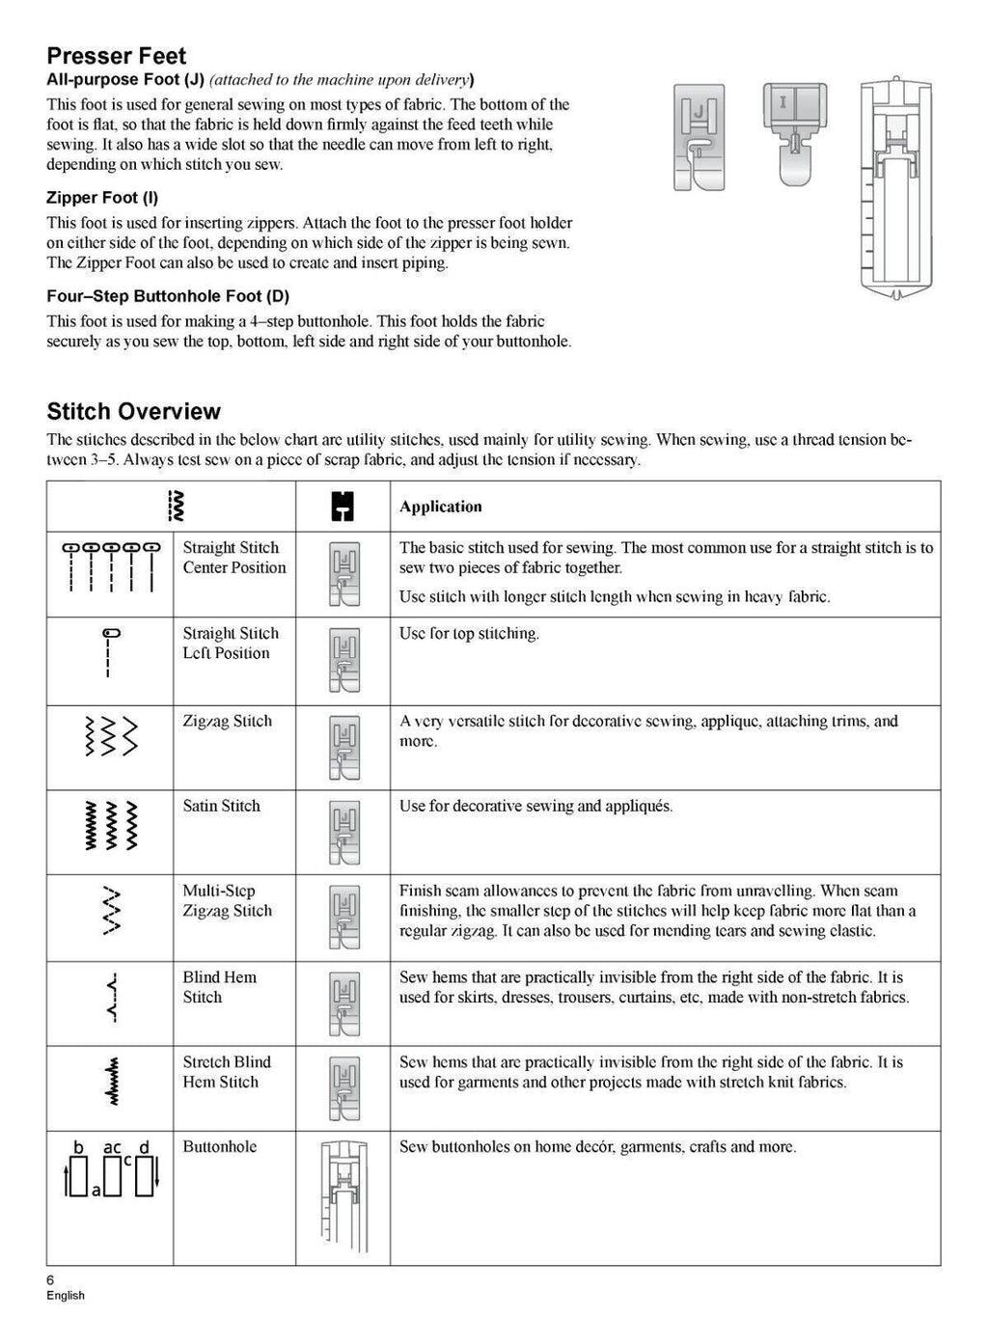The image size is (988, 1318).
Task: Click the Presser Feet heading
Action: (x=116, y=56)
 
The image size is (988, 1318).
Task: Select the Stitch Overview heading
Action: (x=134, y=411)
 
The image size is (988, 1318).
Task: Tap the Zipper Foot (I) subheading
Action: (x=102, y=198)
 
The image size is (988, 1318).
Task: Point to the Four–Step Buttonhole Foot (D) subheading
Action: (x=168, y=296)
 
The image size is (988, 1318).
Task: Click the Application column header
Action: (x=440, y=507)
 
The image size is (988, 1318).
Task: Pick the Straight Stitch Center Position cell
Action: (x=234, y=558)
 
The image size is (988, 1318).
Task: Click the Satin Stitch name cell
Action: (x=222, y=806)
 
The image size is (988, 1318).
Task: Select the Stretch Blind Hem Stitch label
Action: (x=227, y=1072)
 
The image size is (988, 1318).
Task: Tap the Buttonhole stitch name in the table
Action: (x=220, y=1146)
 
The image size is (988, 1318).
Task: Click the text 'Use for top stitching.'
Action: (x=469, y=634)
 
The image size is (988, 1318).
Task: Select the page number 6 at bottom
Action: (x=51, y=1279)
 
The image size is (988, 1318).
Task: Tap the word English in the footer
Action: (x=66, y=1296)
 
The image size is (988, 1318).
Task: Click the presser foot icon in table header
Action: (x=342, y=506)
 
